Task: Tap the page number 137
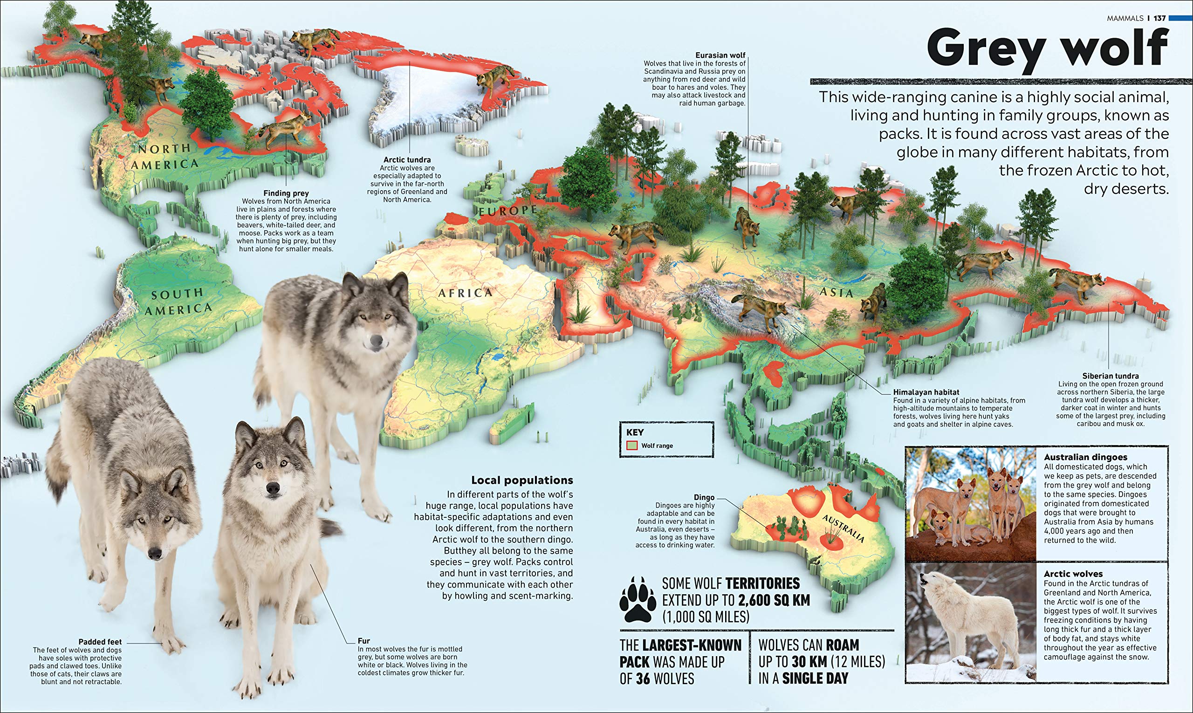click(x=1159, y=18)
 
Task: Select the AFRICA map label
click(x=465, y=293)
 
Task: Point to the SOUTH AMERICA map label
click(x=178, y=302)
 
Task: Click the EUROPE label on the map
click(x=507, y=211)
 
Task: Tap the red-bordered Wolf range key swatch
click(x=632, y=446)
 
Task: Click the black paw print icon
click(x=637, y=600)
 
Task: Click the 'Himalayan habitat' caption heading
click(x=926, y=392)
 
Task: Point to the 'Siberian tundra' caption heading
click(x=1110, y=376)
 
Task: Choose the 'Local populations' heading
click(x=522, y=480)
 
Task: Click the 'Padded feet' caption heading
click(x=100, y=641)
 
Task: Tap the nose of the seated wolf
click(x=273, y=489)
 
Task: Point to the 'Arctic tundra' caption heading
click(x=407, y=159)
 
